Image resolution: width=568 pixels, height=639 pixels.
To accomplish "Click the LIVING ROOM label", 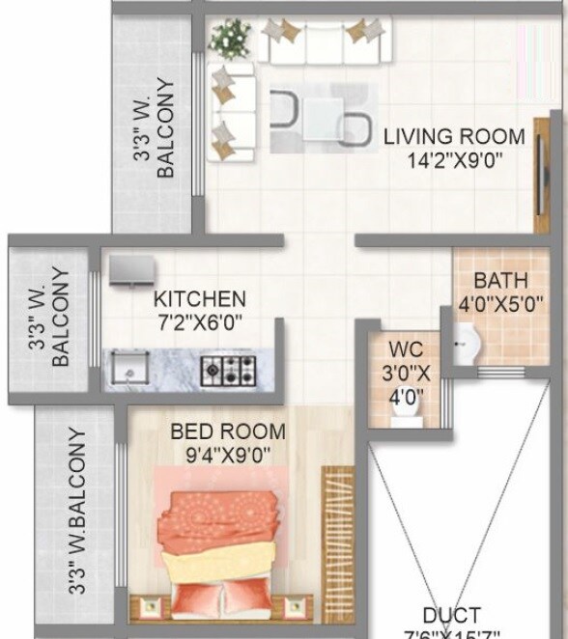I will pos(454,136).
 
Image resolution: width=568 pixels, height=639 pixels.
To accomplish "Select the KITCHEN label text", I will pos(200,298).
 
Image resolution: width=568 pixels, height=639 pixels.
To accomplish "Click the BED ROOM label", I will pos(228,431).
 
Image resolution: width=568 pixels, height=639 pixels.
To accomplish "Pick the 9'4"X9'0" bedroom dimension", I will pos(228,453).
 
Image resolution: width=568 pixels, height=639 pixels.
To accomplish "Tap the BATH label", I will pos(499,282).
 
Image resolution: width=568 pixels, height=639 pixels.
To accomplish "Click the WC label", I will pos(404,347).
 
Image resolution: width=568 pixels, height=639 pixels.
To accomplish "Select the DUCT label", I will pos(451,615).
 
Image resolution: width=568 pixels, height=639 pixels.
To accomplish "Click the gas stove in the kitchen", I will pos(228,367).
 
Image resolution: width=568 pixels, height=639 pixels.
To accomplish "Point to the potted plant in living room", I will pos(229,40).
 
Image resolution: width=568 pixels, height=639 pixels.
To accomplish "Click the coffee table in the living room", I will pos(322,117).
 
